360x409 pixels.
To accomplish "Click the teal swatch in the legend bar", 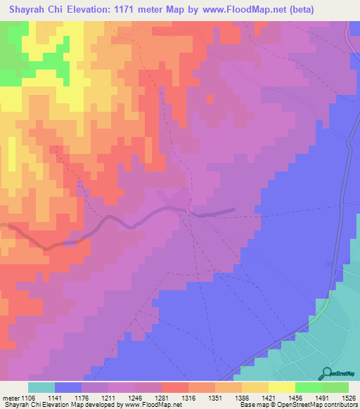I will (41, 387).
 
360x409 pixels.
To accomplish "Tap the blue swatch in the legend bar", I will (68, 387).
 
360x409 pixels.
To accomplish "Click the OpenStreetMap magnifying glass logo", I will (324, 373).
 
